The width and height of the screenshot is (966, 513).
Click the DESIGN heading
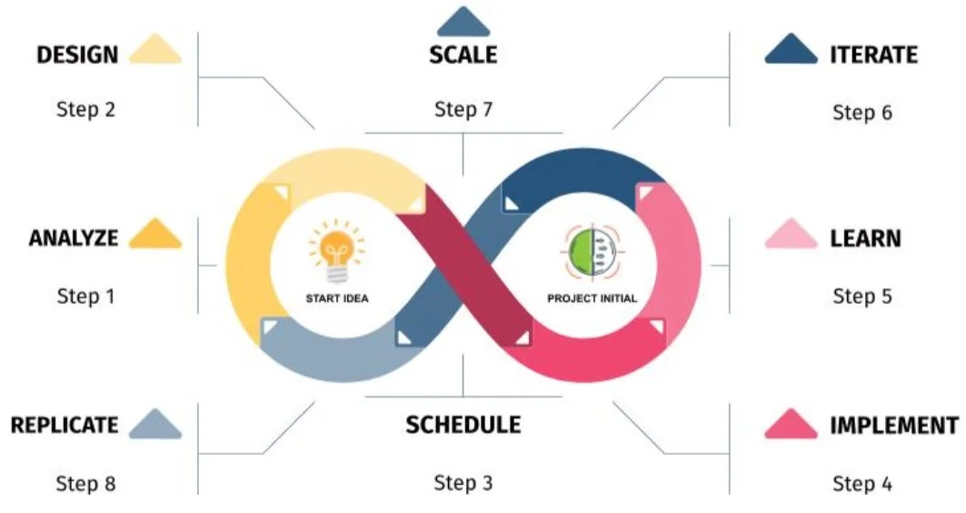(x=77, y=55)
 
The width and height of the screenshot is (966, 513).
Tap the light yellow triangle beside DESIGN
(x=155, y=50)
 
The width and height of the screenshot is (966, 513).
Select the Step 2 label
(x=85, y=110)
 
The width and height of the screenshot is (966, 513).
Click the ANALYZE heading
(x=74, y=238)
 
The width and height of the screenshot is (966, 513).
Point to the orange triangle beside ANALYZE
(x=155, y=235)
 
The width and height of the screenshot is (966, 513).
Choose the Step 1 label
(x=85, y=296)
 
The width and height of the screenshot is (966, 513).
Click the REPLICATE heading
(x=65, y=425)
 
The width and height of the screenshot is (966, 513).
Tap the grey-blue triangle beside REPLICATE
(x=155, y=424)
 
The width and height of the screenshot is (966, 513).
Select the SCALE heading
(x=463, y=55)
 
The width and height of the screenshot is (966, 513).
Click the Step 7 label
(x=463, y=110)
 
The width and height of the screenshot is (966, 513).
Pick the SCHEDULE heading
(x=463, y=425)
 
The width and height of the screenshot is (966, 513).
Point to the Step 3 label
(x=463, y=482)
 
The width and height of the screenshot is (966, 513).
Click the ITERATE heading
(x=873, y=55)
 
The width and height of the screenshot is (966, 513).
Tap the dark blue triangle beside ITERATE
(x=792, y=50)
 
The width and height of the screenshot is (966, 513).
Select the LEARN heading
(x=865, y=238)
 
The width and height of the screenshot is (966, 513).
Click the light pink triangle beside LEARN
(x=792, y=235)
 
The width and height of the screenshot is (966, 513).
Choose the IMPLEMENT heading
(x=893, y=425)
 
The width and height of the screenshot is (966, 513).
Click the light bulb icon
(x=335, y=254)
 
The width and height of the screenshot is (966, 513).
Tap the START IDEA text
(x=336, y=298)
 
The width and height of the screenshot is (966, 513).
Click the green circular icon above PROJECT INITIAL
(x=591, y=252)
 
